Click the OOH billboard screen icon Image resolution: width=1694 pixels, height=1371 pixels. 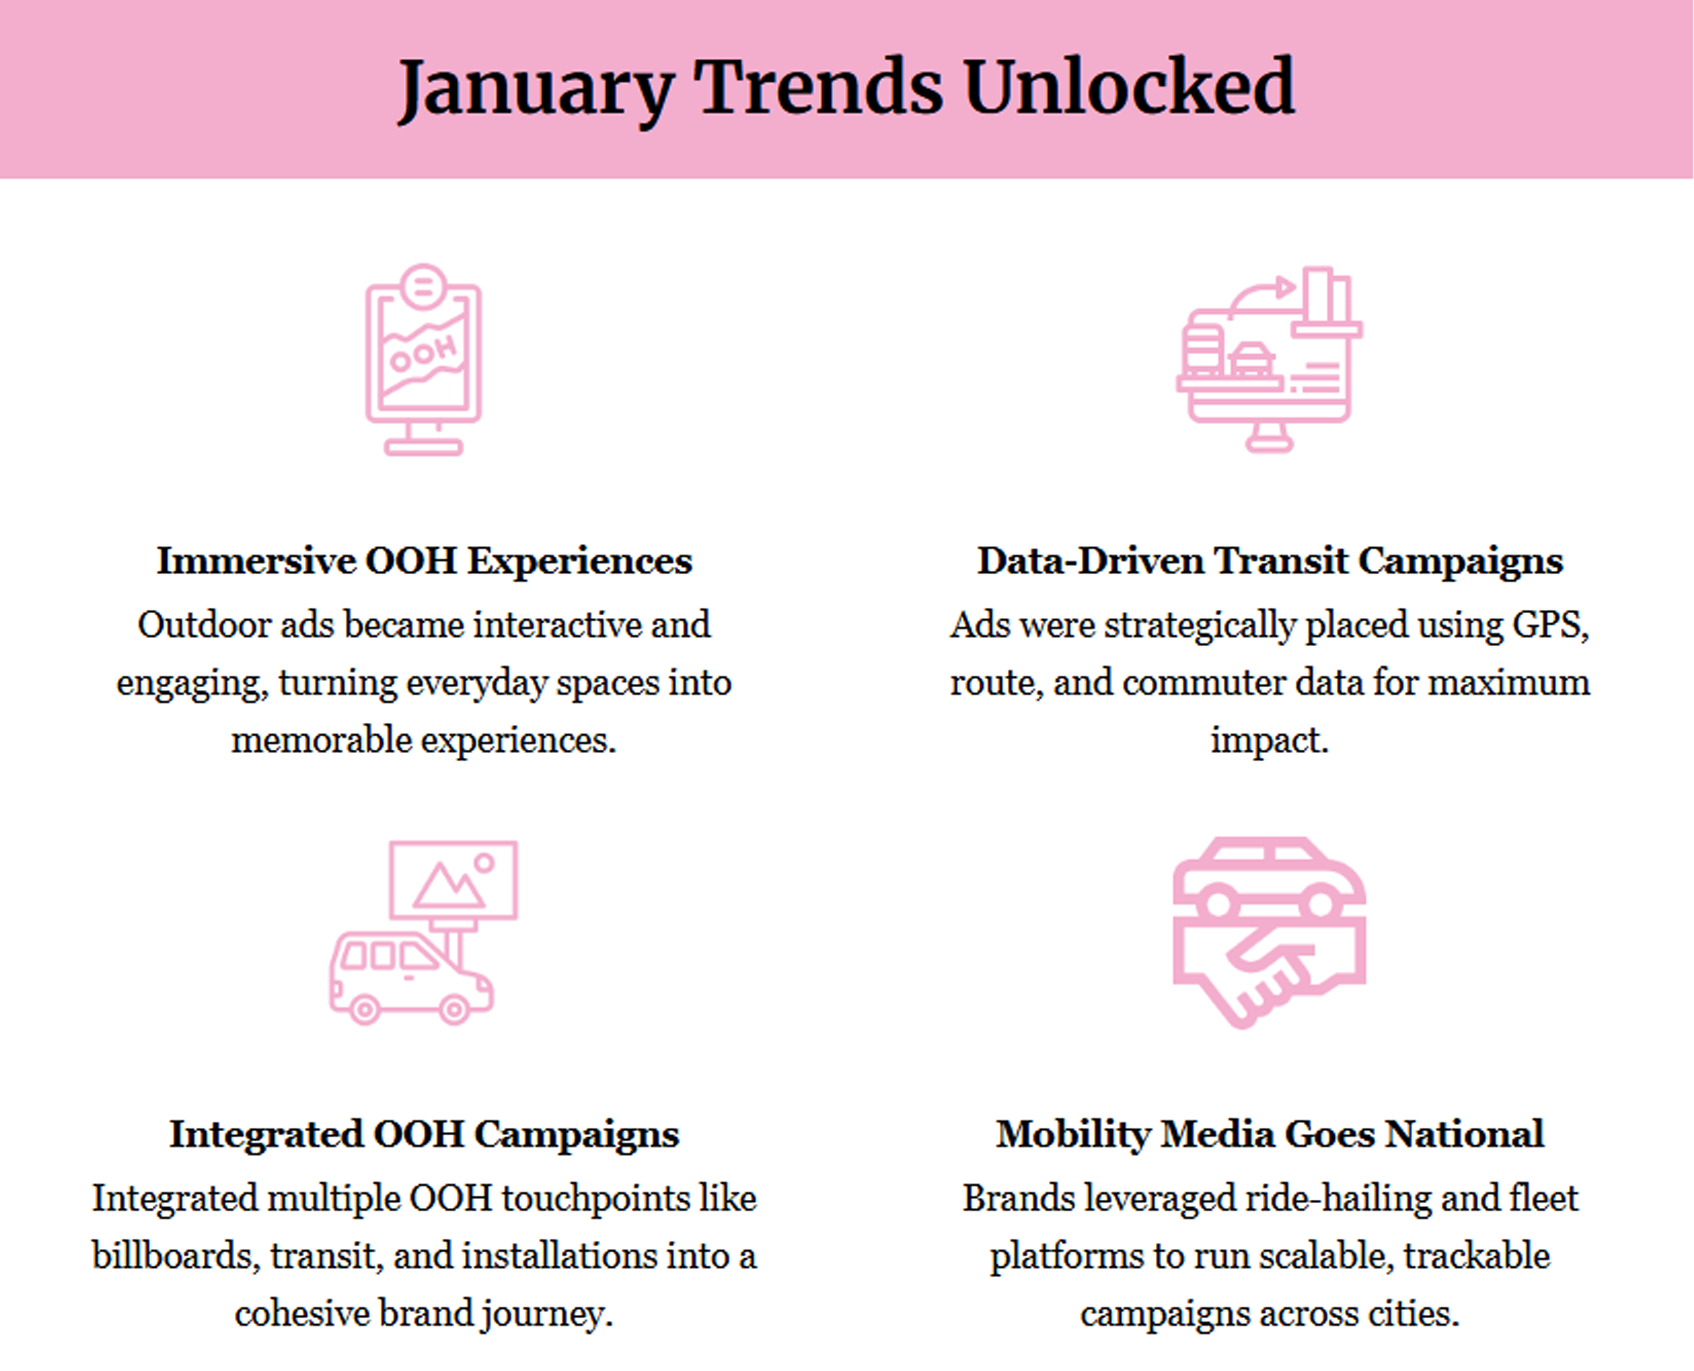pos(423,359)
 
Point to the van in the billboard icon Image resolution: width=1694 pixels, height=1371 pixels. pos(411,978)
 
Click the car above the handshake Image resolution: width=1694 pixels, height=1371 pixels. pos(1269,876)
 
